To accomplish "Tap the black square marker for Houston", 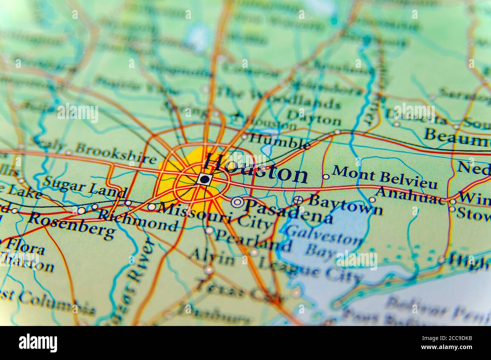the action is click(x=204, y=179).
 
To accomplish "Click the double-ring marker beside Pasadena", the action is click(x=237, y=202).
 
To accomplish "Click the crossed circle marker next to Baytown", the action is click(x=298, y=200).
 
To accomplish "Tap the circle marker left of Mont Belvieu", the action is click(x=326, y=176).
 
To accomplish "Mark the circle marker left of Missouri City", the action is click(x=151, y=207).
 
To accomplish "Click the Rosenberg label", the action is click(x=71, y=225).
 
